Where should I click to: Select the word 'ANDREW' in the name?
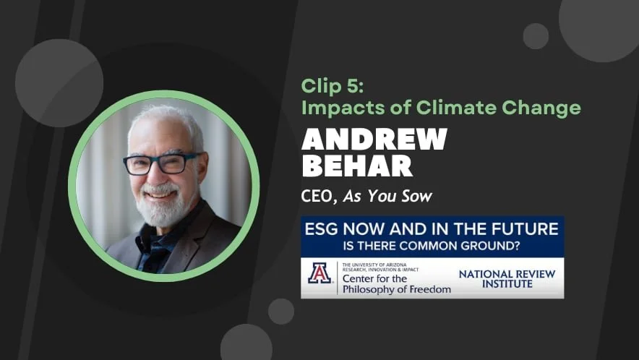(374, 139)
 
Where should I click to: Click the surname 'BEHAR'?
(357, 166)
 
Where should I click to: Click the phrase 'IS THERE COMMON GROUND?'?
(432, 245)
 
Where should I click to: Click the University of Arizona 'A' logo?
(319, 273)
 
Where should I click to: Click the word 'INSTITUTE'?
(506, 284)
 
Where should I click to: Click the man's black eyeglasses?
(160, 163)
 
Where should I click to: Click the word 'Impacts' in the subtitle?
(335, 108)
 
